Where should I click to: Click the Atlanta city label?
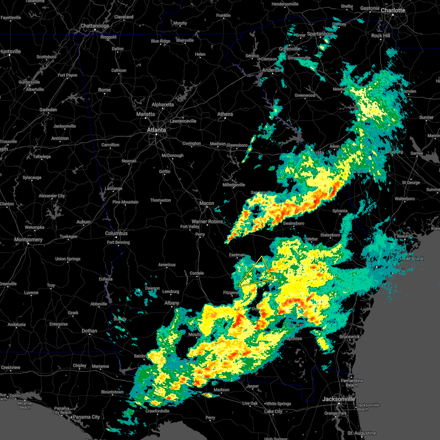pyautogui.click(x=156, y=130)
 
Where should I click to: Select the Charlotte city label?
pyautogui.click(x=393, y=10)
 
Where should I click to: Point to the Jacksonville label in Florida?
pyautogui.click(x=339, y=399)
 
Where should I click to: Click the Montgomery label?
pyautogui.click(x=28, y=239)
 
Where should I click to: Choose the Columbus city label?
pyautogui.click(x=116, y=233)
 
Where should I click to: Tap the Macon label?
pyautogui.click(x=206, y=203)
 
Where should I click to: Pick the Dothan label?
pyautogui.click(x=89, y=331)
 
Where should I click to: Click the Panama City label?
pyautogui.click(x=86, y=417)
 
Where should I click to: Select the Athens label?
pyautogui.click(x=225, y=114)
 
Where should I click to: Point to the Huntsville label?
pyautogui.click(x=10, y=51)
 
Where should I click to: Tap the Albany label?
pyautogui.click(x=172, y=303)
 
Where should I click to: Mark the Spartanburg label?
pyautogui.click(x=320, y=34)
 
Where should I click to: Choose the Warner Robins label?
pyautogui.click(x=208, y=221)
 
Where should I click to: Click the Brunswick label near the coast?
pyautogui.click(x=349, y=337)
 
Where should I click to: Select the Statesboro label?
pyautogui.click(x=330, y=235)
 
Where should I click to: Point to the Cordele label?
pyautogui.click(x=197, y=273)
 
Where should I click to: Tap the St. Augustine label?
pyautogui.click(x=362, y=433)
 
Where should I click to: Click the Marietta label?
pyautogui.click(x=146, y=114)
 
